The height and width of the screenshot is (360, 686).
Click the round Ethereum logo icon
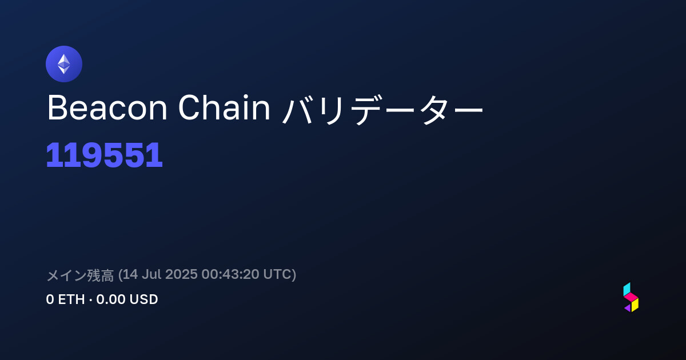click(64, 64)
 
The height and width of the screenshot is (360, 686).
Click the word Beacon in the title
click(107, 107)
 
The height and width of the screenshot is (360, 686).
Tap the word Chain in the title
click(224, 107)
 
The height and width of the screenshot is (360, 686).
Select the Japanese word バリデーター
click(382, 109)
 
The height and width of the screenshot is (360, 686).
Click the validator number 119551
click(104, 155)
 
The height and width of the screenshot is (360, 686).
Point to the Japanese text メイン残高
click(80, 275)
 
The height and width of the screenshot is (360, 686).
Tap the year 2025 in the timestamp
click(181, 274)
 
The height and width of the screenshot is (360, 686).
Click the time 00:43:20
click(230, 274)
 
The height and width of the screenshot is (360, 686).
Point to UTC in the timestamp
click(277, 274)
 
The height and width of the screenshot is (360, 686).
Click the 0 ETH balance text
click(65, 299)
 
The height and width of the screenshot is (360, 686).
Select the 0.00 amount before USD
click(110, 299)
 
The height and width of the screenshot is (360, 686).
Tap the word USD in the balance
click(143, 299)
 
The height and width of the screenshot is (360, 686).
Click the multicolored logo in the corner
click(631, 297)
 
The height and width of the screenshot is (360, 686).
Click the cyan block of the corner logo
click(627, 289)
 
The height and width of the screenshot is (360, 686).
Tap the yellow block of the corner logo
click(635, 305)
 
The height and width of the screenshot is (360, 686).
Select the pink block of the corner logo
click(631, 297)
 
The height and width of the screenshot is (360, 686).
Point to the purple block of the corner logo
click(628, 308)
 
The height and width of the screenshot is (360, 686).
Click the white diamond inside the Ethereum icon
click(64, 64)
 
